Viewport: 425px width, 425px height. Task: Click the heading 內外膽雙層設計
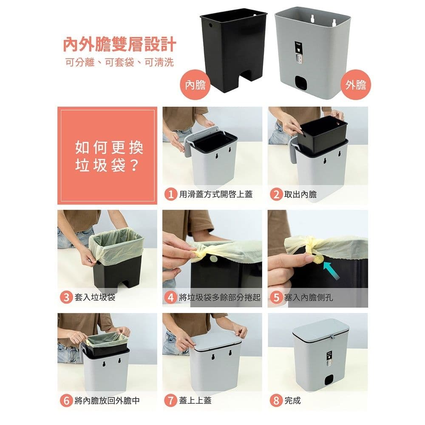pyautogui.click(x=119, y=44)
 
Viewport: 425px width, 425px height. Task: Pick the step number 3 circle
pyautogui.click(x=66, y=297)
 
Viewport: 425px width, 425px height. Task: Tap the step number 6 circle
pyautogui.click(x=66, y=400)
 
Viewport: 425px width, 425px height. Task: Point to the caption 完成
pyautogui.click(x=292, y=400)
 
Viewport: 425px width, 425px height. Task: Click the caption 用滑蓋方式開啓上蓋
pyautogui.click(x=216, y=195)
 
